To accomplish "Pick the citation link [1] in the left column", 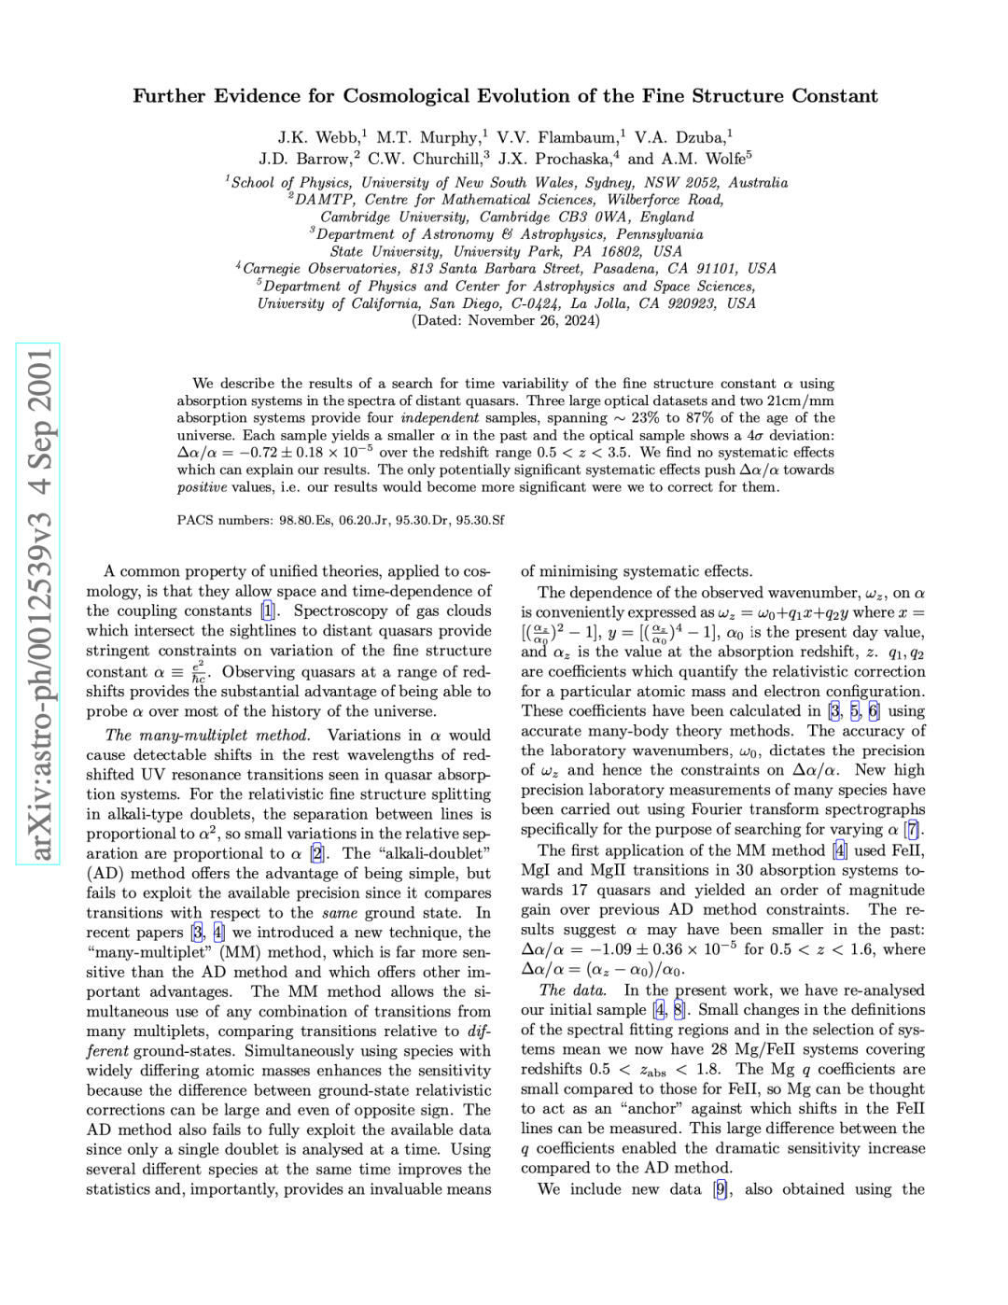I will coord(268,611).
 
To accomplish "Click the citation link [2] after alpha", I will coord(317,853).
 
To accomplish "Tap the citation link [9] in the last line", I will coord(721,1189).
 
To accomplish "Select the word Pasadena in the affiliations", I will coord(626,269).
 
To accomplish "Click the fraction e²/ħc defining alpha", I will coord(198,673).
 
